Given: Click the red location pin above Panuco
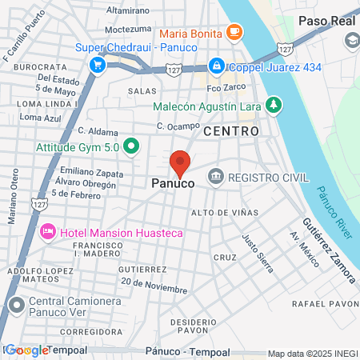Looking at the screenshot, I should click(181, 162).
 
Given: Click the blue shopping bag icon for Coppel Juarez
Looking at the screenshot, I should click(215, 65).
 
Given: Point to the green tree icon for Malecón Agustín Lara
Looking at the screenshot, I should click(274, 104).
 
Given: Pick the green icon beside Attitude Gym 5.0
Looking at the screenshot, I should click(133, 146).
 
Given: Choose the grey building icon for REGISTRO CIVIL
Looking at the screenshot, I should click(214, 176).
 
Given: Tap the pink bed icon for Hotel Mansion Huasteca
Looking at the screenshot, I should click(47, 232).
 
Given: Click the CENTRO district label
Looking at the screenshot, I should click(231, 130).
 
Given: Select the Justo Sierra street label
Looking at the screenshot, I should click(258, 249).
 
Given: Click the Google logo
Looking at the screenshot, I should click(26, 350).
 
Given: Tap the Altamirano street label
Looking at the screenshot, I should click(128, 10).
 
